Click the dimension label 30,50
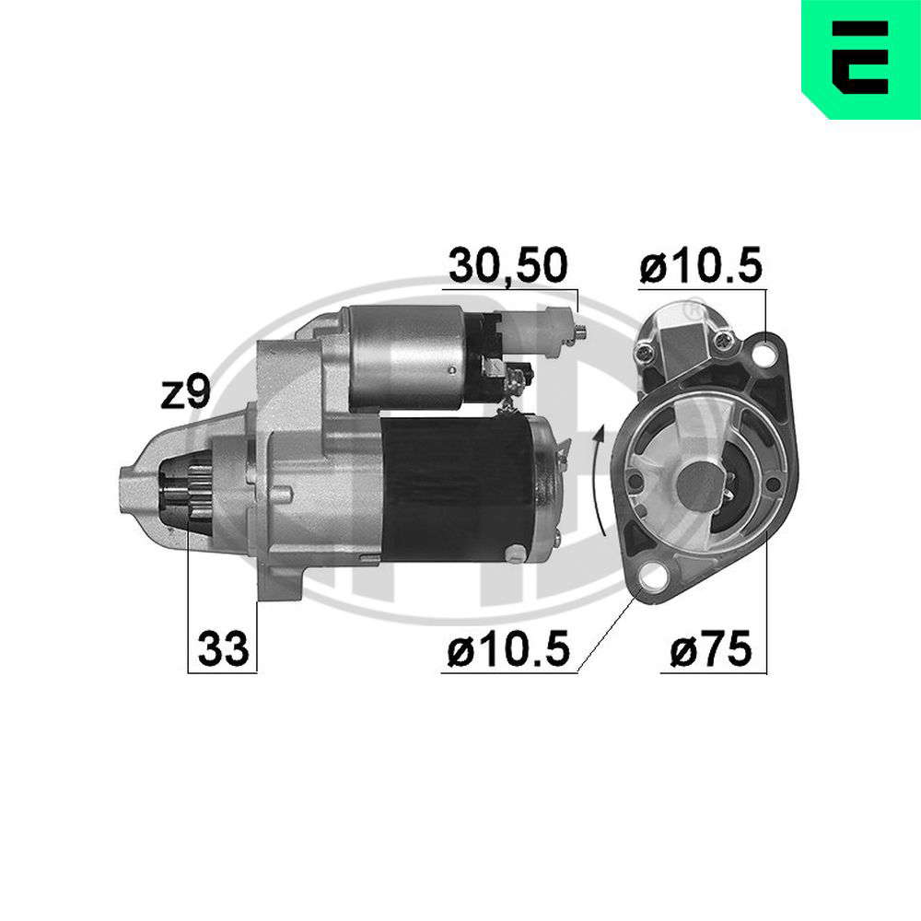[508, 266]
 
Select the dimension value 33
[223, 649]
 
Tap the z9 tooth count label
[186, 392]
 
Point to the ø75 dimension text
[711, 649]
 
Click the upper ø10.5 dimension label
[701, 265]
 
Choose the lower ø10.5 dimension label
[508, 649]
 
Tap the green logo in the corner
[861, 59]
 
